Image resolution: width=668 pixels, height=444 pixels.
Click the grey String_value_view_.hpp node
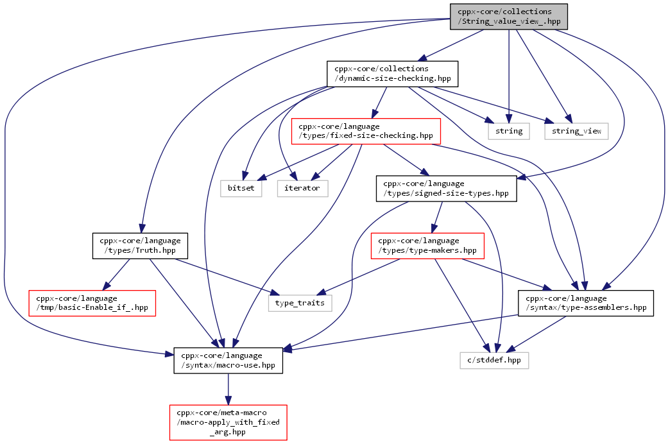click(509, 17)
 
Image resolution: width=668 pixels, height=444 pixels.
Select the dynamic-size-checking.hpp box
click(392, 74)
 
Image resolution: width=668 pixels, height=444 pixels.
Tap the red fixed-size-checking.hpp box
click(366, 132)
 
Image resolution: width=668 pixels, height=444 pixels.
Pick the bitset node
click(241, 189)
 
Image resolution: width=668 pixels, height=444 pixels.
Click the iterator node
click(302, 189)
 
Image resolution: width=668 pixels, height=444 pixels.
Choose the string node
click(509, 132)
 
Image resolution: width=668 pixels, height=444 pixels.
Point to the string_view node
click(576, 132)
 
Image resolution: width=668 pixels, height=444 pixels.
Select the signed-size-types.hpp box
click(447, 189)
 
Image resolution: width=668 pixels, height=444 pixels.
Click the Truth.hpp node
click(140, 246)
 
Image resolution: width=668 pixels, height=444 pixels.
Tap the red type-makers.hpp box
click(427, 246)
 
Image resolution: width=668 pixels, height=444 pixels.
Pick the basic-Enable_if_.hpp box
click(92, 303)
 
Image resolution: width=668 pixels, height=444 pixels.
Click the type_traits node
click(300, 303)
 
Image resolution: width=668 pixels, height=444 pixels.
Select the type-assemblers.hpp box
click(586, 303)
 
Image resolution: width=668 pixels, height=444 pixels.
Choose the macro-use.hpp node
click(228, 361)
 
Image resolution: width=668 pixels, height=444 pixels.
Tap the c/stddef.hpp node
click(494, 361)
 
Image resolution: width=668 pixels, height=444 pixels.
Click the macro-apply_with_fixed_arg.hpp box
click(228, 422)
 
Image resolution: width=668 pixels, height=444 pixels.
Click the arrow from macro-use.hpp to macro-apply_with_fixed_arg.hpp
click(228, 389)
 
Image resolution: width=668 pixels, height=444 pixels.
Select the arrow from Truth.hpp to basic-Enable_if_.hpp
click(116, 275)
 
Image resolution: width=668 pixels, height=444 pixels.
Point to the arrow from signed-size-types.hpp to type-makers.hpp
click(437, 217)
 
